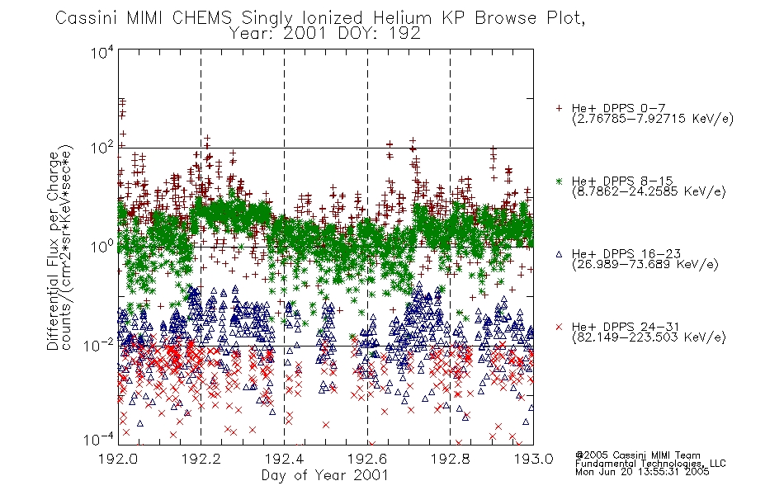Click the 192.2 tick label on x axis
201,459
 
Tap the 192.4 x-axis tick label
284,459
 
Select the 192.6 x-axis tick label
367,459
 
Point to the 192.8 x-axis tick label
450,459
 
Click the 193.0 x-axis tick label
533,459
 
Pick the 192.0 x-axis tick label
118,459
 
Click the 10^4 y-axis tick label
102,53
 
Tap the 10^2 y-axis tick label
102,148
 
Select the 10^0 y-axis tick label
102,247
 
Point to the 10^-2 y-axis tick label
100,345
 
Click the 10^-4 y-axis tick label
100,440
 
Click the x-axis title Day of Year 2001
325,475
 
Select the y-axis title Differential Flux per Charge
53,251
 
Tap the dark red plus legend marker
559,108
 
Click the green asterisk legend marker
559,181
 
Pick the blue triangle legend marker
559,254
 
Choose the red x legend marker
559,327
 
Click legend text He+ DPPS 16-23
626,254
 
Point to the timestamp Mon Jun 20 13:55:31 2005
642,472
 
